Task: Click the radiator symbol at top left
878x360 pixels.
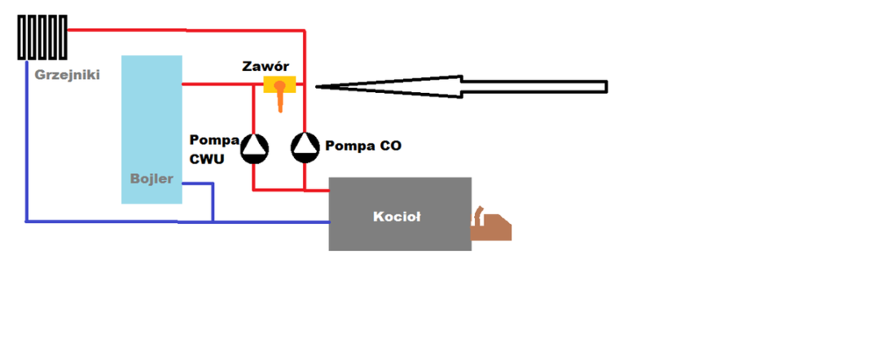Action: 43,38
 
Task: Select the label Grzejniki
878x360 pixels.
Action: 67,76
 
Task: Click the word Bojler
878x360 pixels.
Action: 151,179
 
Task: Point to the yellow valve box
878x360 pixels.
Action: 279,84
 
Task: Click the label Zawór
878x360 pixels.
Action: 266,67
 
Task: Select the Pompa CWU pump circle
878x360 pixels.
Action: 255,148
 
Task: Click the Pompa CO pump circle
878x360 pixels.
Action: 305,148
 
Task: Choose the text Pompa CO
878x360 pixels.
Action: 363,146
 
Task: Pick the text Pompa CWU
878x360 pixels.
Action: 213,149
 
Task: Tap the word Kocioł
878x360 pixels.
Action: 397,216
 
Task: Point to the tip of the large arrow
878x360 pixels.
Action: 317,86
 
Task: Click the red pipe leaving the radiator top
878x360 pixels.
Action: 176,31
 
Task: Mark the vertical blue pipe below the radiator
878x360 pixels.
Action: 26,140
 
